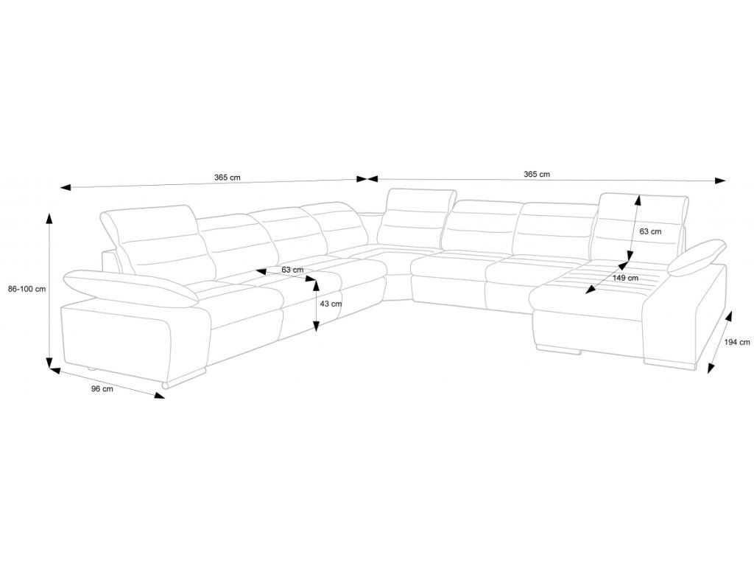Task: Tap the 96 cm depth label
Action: (102, 389)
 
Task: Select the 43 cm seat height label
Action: (331, 304)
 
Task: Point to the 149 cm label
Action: (625, 278)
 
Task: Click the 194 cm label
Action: (736, 342)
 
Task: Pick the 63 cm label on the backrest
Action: (650, 231)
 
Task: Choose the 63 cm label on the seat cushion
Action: (292, 270)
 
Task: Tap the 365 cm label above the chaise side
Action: (537, 175)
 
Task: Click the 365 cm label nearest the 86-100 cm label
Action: (228, 178)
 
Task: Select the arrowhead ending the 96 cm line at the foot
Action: (160, 396)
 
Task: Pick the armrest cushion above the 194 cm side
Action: (697, 256)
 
